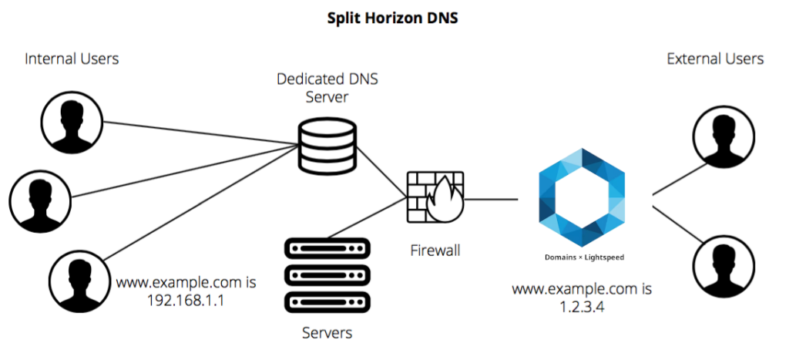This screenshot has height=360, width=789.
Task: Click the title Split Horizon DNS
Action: coord(393,18)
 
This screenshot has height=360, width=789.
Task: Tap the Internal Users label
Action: coord(72,59)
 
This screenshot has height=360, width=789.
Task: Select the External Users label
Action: coord(715,59)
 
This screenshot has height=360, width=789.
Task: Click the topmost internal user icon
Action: coord(72,123)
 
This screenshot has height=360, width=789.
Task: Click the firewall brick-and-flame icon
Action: coord(435,196)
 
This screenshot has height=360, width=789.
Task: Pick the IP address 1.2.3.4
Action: coord(583,308)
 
